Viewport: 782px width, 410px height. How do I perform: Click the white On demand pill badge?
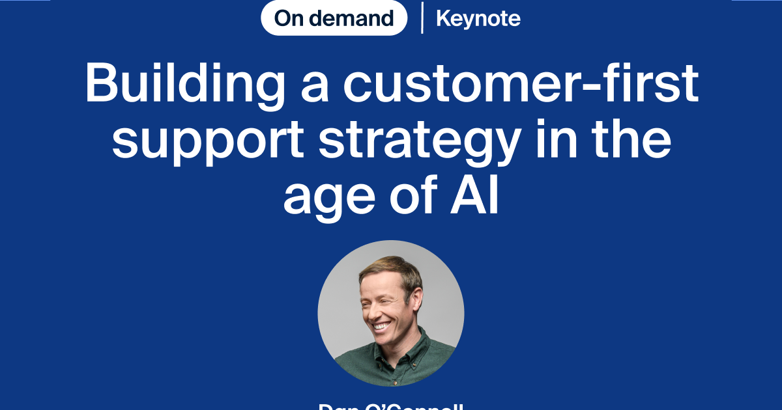click(x=334, y=18)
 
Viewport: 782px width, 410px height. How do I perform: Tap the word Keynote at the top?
click(x=478, y=19)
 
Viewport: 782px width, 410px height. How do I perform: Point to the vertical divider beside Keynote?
click(x=422, y=18)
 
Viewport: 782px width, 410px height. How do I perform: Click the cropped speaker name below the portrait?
click(x=391, y=406)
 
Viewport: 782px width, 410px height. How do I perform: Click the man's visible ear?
click(x=417, y=299)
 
